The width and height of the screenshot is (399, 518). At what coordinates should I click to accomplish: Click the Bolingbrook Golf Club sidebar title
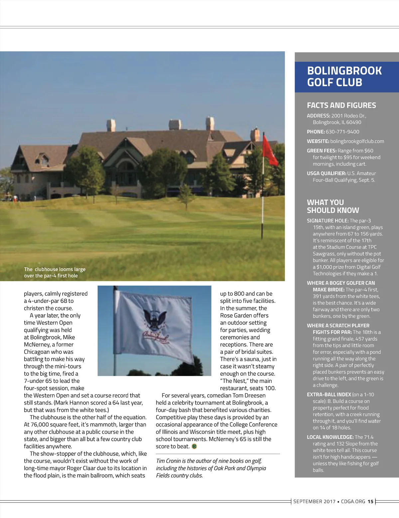344,76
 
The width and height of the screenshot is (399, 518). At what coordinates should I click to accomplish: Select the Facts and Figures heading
341,105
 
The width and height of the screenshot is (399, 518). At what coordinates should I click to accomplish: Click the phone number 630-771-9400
342,132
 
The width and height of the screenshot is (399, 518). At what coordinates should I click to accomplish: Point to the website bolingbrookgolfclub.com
357,141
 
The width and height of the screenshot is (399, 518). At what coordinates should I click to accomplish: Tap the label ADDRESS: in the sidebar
318,116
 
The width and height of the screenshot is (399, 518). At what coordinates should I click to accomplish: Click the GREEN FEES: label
322,151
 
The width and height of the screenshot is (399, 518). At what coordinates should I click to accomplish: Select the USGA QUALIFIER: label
326,173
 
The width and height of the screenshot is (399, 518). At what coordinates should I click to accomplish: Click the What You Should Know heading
332,206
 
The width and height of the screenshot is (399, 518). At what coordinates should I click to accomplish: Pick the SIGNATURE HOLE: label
328,221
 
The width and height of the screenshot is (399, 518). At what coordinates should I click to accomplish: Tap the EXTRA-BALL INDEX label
329,395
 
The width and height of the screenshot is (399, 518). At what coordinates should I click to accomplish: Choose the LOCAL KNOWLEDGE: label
330,437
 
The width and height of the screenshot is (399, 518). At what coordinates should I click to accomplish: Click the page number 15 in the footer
370,501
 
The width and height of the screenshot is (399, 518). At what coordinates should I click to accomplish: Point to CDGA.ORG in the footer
353,501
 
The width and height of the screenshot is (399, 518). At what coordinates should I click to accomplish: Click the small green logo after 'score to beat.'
194,447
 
